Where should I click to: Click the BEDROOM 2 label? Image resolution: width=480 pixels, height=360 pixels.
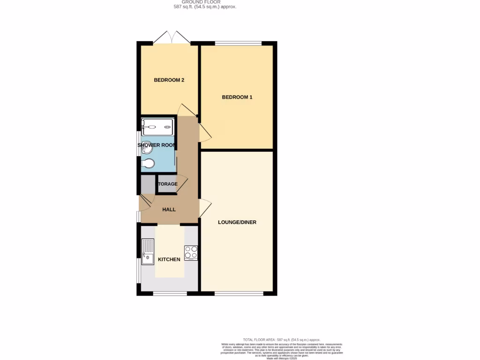point(169,80)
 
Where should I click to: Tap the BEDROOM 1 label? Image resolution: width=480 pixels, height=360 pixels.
point(237,97)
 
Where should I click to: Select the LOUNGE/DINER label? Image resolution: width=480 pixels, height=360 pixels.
point(237,222)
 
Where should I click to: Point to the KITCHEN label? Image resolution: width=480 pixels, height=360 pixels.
point(169,260)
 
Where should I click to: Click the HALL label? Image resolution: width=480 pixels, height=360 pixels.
point(169,210)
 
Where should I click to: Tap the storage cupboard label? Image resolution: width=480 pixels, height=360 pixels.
point(168,184)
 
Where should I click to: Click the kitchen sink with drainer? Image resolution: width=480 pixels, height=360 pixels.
point(148,252)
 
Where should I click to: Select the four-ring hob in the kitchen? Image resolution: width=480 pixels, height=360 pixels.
point(191,253)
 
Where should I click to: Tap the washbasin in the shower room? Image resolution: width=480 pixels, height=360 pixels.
point(146,146)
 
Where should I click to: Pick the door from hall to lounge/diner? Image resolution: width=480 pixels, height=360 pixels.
point(205,208)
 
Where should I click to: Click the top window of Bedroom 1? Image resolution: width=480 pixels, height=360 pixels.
point(238,44)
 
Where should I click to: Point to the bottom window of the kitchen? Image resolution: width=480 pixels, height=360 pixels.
point(170,294)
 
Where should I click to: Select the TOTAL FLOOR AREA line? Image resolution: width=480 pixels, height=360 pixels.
point(281,339)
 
